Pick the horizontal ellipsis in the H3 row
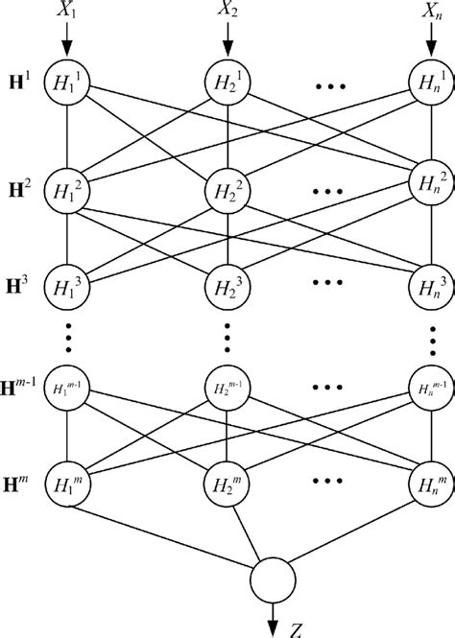[x=328, y=284]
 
